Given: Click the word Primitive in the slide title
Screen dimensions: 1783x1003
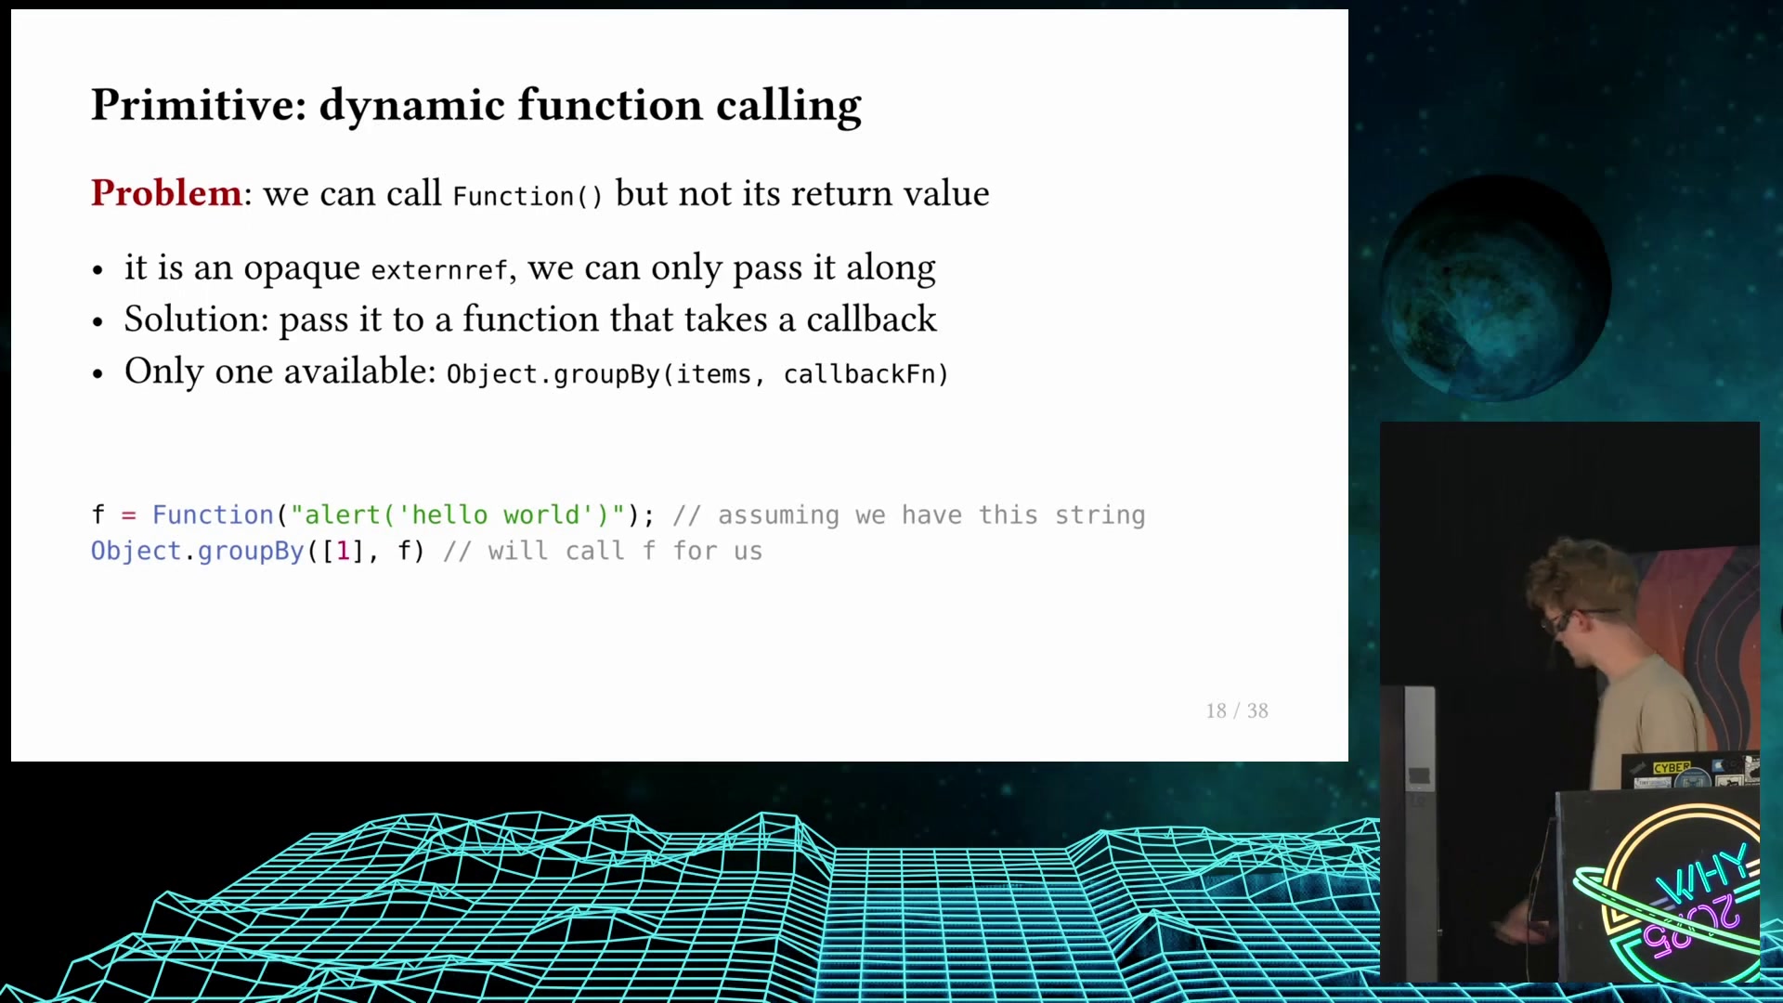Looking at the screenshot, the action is (199, 105).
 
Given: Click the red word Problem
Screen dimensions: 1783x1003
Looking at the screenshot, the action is (166, 193).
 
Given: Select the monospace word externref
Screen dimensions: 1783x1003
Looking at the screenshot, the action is (439, 270).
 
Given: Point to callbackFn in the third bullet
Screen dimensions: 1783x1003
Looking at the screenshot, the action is (860, 374).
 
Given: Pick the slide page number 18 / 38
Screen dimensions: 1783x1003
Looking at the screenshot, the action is (1237, 710).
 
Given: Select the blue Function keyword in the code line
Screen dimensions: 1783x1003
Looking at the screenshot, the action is (213, 515).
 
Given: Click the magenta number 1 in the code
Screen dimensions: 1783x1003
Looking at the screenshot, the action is (344, 551).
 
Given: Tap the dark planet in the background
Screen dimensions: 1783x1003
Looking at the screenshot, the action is (1496, 289).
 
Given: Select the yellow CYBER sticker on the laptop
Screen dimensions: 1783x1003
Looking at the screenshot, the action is (1672, 768).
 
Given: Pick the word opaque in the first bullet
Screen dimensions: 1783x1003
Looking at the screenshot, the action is (302, 269).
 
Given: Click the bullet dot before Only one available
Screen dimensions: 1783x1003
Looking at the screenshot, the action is (98, 374).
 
